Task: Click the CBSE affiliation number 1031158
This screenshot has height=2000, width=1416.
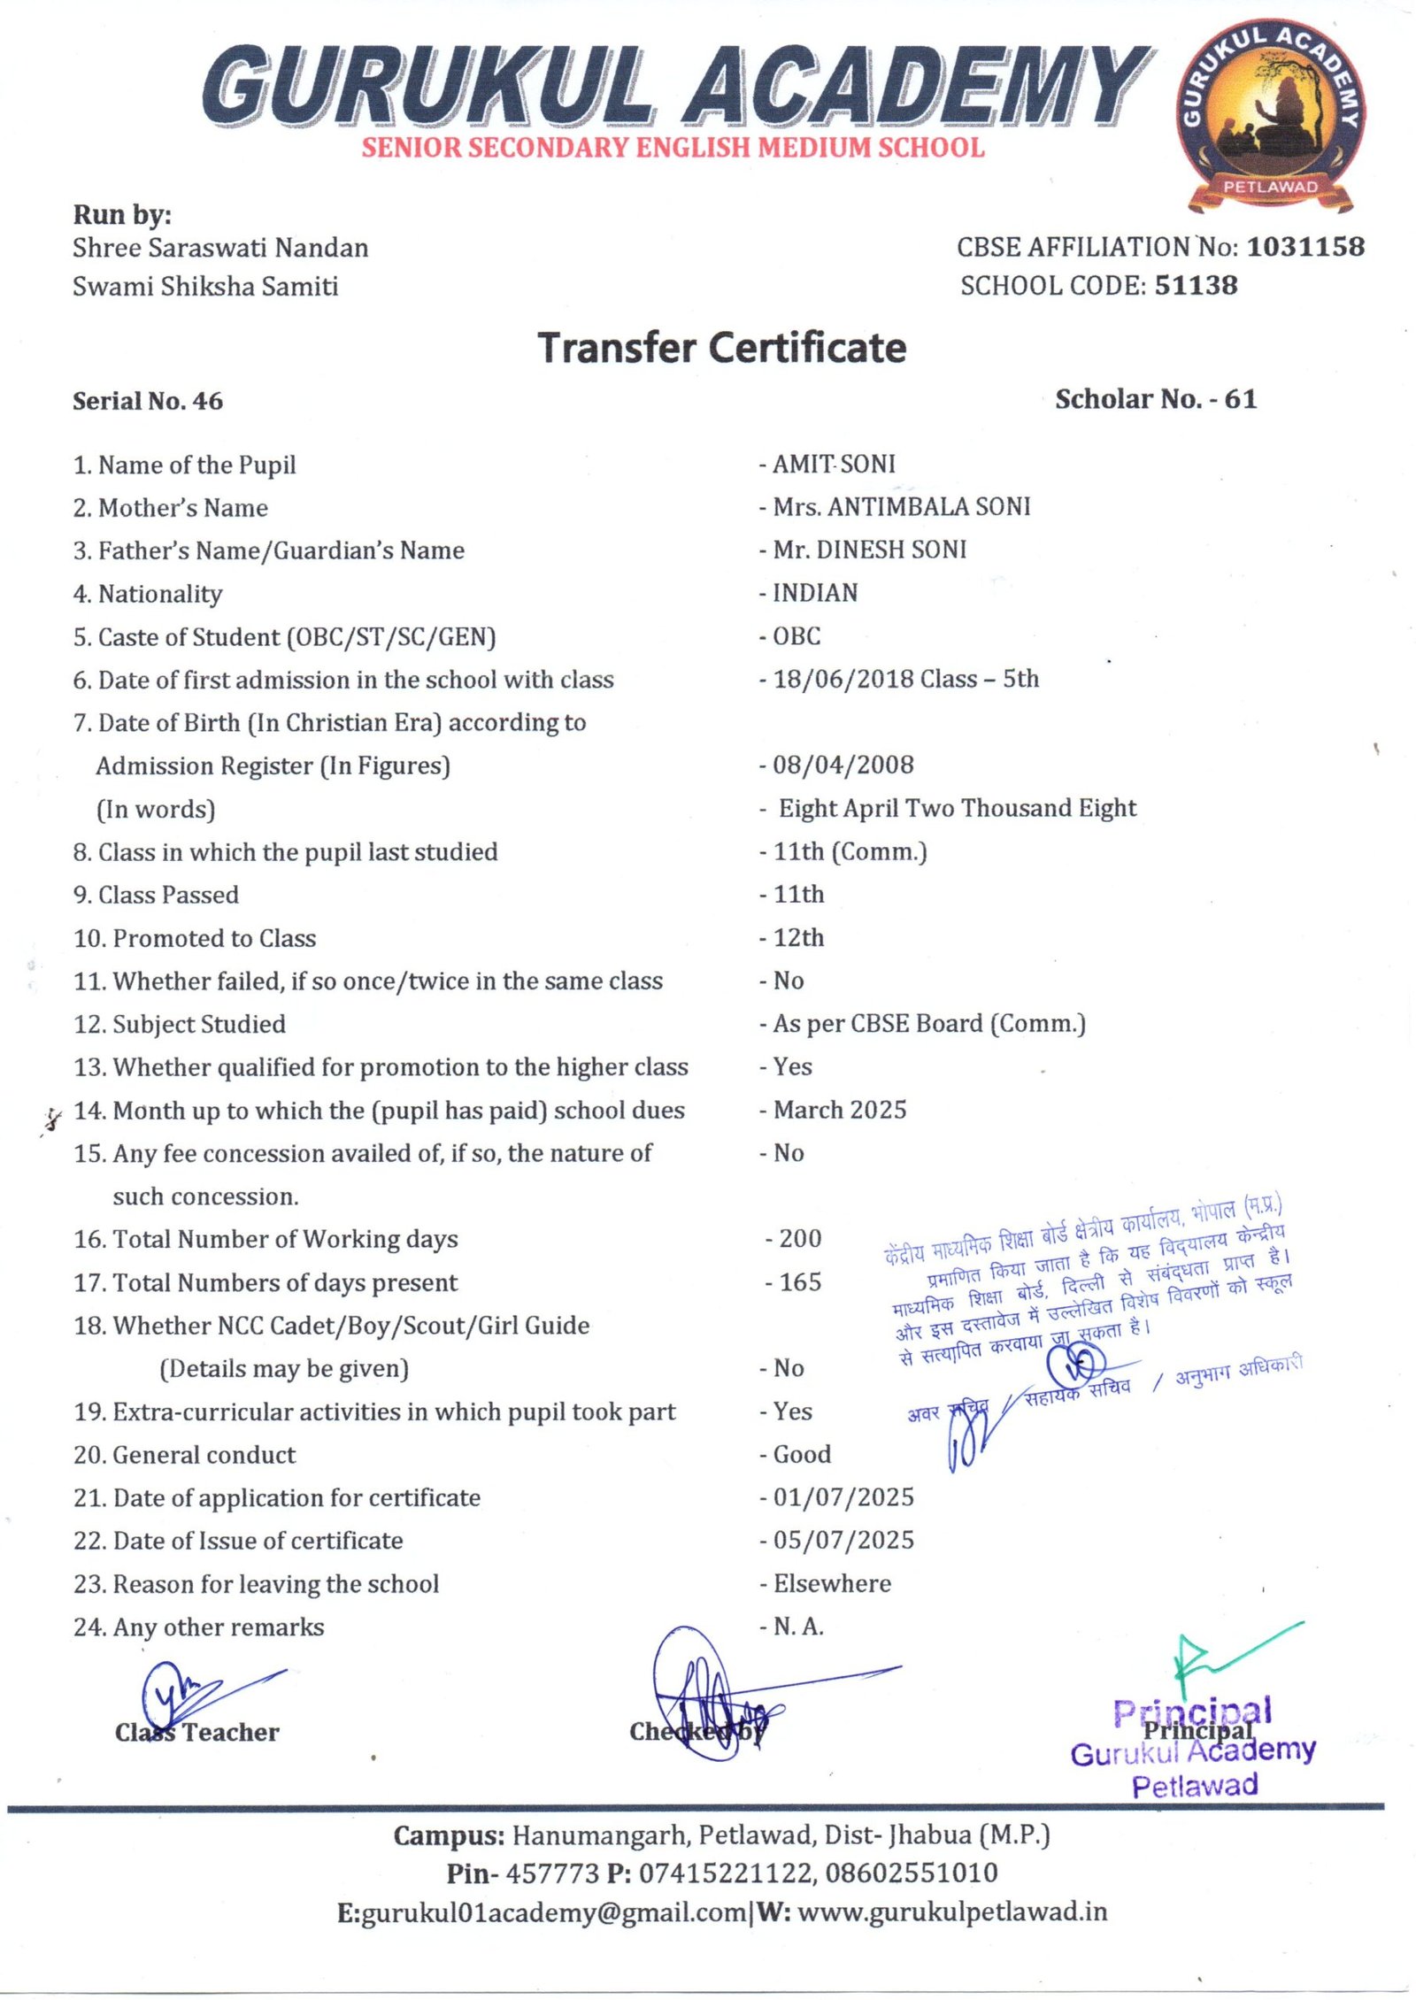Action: coord(1304,247)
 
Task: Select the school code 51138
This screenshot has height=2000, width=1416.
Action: coord(1196,285)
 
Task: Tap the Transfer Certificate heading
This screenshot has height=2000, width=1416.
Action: coord(722,348)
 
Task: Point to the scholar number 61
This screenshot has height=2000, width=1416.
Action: coord(1240,399)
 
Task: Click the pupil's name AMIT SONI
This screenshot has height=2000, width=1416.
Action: coord(834,464)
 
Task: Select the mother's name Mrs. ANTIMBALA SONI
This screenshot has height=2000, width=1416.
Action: coord(901,506)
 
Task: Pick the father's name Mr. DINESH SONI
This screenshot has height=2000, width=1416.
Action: coord(869,550)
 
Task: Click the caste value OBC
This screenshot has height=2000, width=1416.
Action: coord(796,635)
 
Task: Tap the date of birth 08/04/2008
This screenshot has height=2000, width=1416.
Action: coord(843,765)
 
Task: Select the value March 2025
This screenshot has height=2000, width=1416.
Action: coord(839,1110)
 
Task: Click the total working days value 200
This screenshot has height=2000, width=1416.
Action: coord(799,1238)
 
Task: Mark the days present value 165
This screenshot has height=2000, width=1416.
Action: coord(799,1281)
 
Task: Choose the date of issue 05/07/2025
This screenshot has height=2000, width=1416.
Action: coord(843,1540)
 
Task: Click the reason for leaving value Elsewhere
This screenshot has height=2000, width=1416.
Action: coord(832,1583)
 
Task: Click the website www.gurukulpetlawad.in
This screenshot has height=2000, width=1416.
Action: coord(952,1912)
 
